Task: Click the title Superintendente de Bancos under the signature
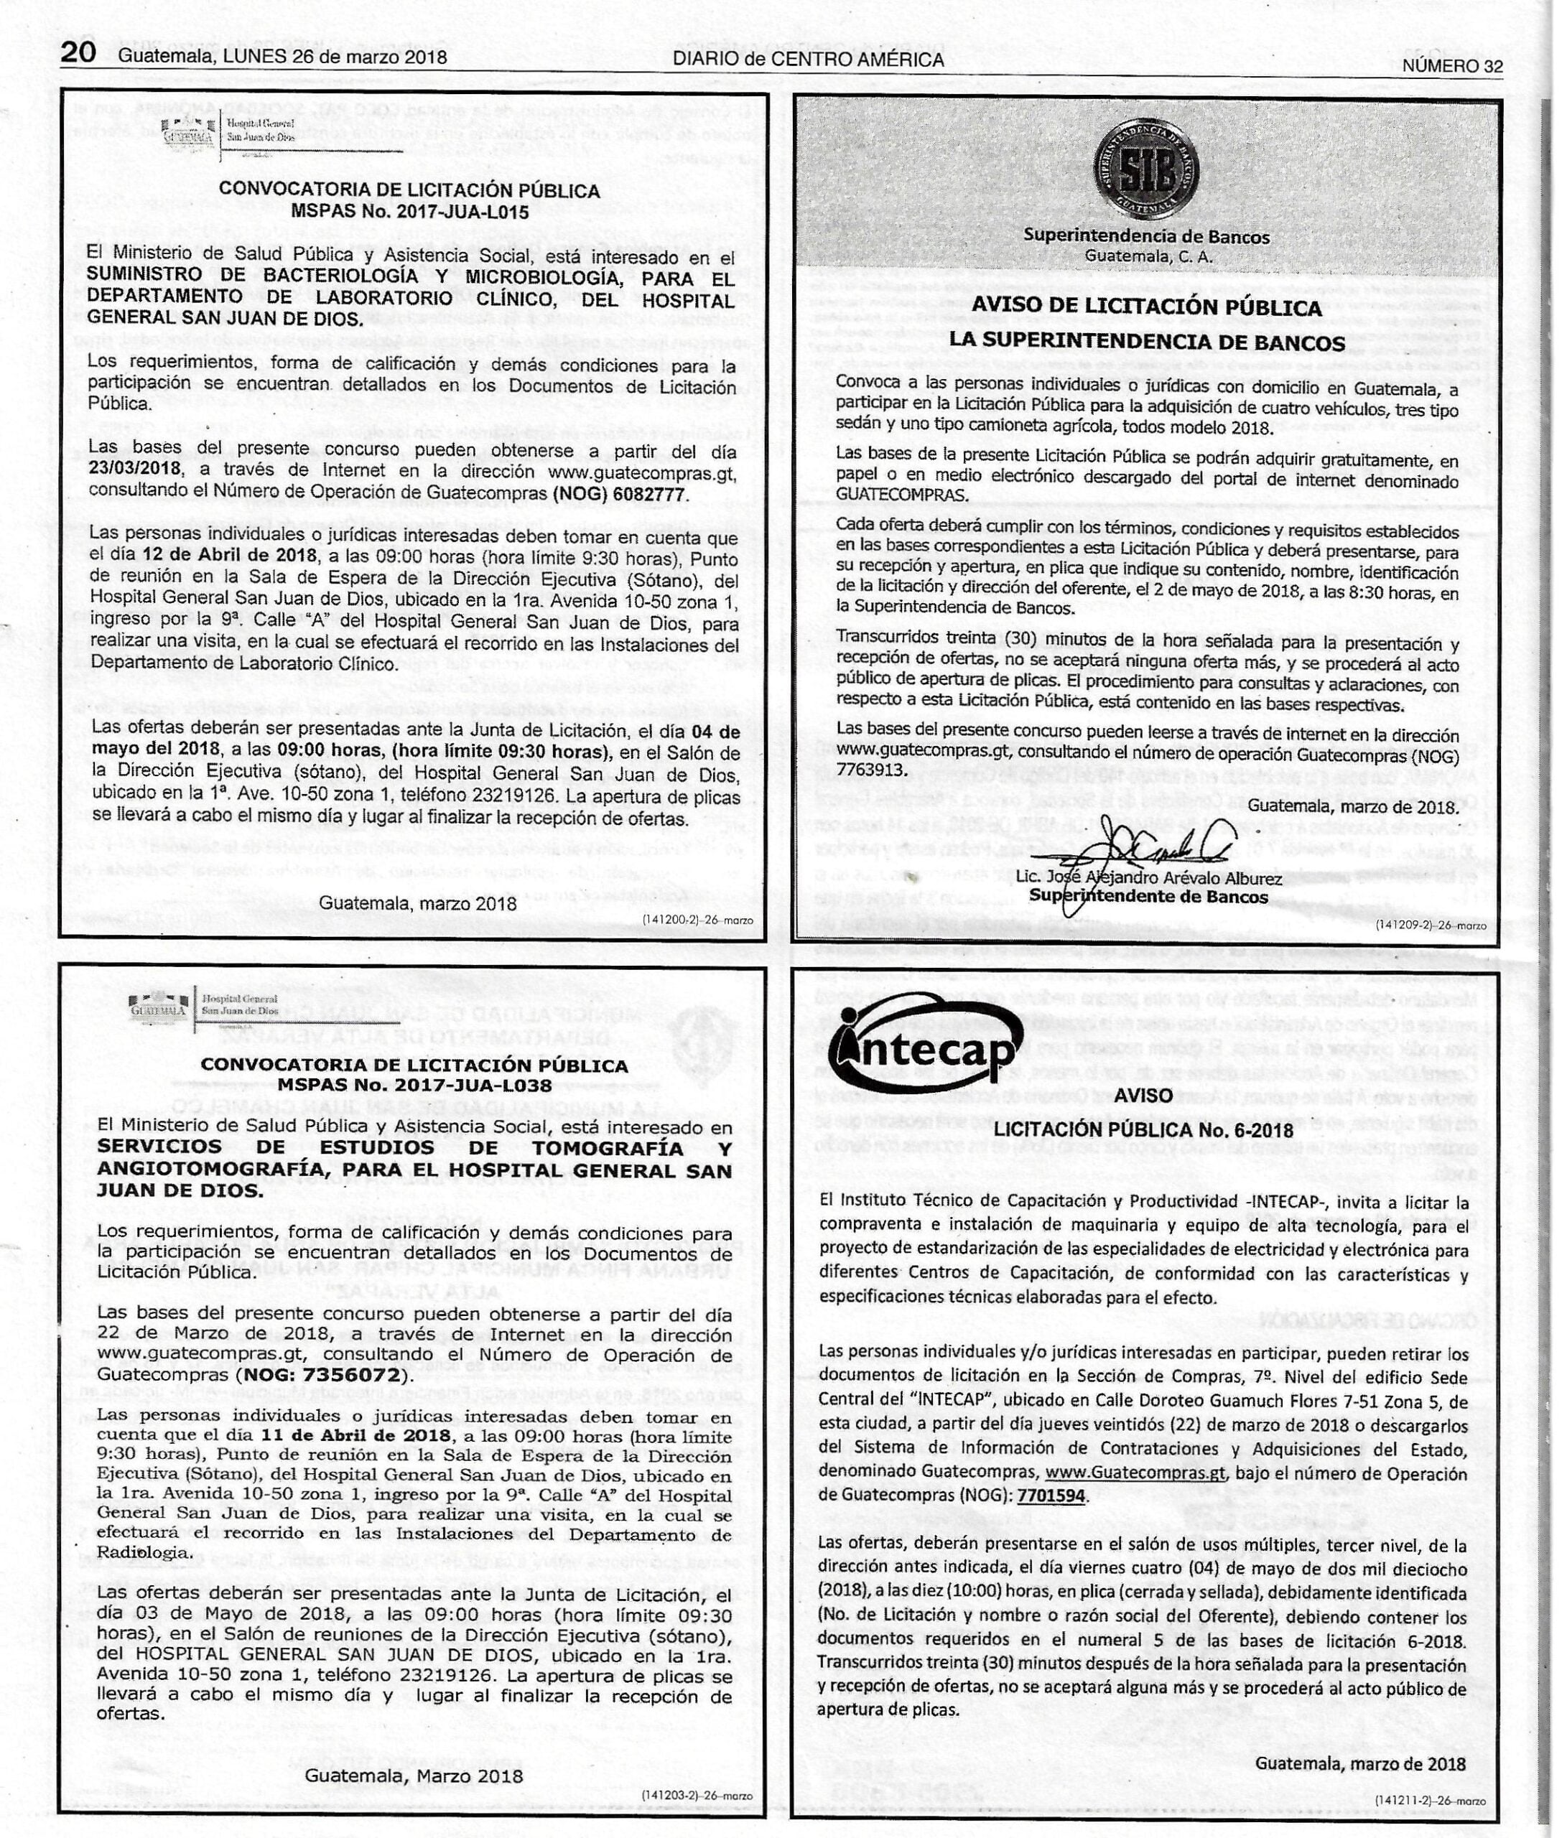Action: pos(1148,897)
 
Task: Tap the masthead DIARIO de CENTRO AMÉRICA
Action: pos(807,60)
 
